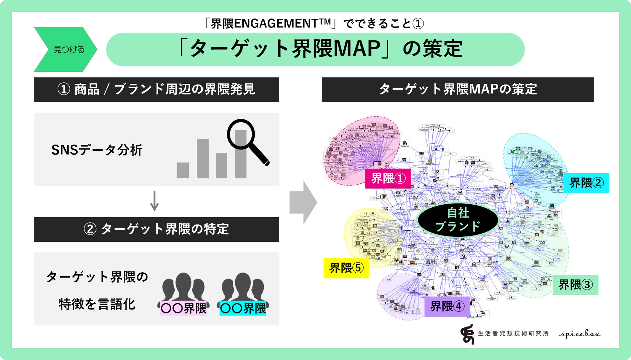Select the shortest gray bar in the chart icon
183,170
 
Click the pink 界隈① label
388,179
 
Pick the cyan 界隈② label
586,183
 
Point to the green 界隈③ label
575,285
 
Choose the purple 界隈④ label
447,306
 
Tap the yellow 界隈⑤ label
346,268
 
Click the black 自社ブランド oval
458,220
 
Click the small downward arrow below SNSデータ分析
155,201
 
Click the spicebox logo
580,334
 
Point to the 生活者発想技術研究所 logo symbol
467,334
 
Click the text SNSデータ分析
97,150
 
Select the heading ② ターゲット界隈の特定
156,229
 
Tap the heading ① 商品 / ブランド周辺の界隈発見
156,90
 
